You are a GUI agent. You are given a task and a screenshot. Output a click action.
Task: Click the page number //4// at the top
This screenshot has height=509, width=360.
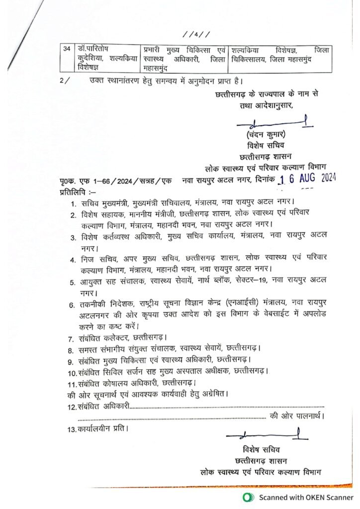click(x=196, y=34)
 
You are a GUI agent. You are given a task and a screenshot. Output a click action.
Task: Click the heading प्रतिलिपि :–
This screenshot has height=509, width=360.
click(x=78, y=191)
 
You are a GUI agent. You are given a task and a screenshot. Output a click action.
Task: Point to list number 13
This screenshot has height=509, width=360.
click(x=71, y=428)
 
